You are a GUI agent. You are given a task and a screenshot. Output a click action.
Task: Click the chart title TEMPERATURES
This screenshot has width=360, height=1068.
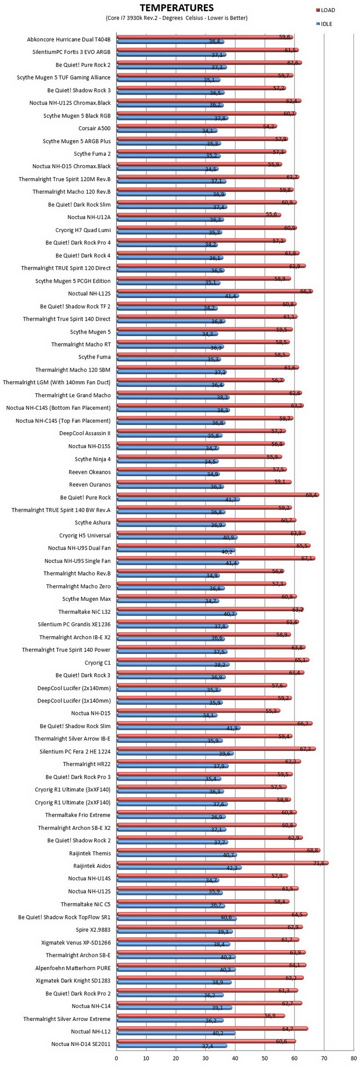point(176,8)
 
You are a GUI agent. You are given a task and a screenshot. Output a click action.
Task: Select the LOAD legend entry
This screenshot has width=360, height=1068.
point(325,10)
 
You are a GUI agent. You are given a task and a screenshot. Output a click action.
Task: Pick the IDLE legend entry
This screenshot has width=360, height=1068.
point(324,24)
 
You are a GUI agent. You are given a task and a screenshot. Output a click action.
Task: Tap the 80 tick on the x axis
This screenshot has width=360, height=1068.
point(354,1058)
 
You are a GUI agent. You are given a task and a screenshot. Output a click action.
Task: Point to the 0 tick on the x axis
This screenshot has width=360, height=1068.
point(116,1058)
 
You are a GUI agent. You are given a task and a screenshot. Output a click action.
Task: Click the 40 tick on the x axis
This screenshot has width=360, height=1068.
point(235,1058)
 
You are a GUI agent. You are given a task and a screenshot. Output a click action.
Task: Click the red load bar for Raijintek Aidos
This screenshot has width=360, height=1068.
point(222,863)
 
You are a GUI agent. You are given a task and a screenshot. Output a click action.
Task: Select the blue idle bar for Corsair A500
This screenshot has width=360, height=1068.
point(167,131)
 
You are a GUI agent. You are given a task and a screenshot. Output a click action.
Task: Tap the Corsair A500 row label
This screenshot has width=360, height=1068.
point(94,128)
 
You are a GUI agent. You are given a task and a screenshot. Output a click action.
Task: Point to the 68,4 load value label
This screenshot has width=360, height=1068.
point(311,495)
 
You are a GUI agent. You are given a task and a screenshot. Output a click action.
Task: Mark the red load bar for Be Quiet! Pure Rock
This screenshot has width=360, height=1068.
point(218,495)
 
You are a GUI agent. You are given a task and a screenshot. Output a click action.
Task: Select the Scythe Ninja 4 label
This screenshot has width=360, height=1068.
point(92,459)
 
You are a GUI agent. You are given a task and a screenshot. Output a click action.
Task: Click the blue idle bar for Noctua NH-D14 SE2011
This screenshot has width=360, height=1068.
point(172,1045)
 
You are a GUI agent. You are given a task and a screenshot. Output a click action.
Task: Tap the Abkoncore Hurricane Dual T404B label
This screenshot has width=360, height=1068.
point(69,39)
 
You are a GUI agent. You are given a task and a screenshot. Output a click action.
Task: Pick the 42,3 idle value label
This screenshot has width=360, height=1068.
point(232,868)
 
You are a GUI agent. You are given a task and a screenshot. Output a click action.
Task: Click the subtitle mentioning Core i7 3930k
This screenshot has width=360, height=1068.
point(176,18)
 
